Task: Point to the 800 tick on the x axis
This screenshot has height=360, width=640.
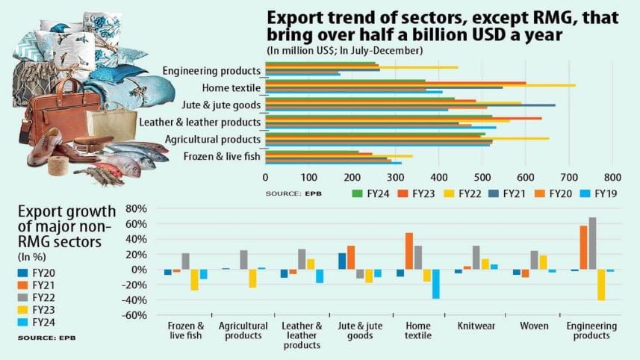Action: tap(612, 177)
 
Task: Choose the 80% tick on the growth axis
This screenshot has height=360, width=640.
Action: tap(134, 208)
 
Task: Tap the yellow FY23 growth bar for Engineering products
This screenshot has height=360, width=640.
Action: tap(601, 285)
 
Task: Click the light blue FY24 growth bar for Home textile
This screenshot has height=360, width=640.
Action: tap(435, 284)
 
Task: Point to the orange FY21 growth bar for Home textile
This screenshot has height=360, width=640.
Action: tap(409, 251)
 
